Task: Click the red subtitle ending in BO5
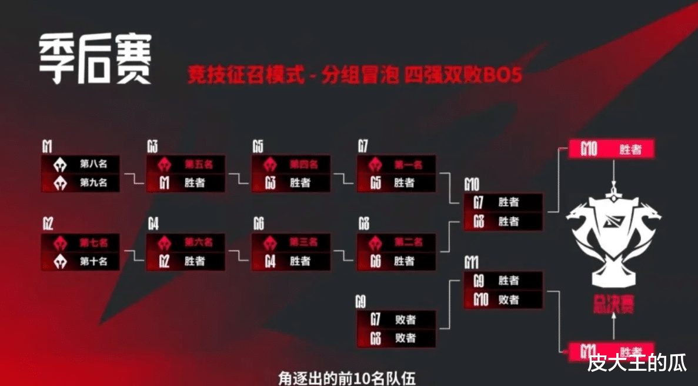pyautogui.click(x=355, y=75)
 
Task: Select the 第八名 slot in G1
pyautogui.click(x=80, y=164)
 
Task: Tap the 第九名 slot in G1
pyautogui.click(x=80, y=183)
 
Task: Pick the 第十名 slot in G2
pyautogui.click(x=80, y=261)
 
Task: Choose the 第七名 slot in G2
pyautogui.click(x=80, y=242)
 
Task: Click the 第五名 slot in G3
pyautogui.click(x=185, y=164)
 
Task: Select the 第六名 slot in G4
pyautogui.click(x=185, y=242)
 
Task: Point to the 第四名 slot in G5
pyautogui.click(x=290, y=164)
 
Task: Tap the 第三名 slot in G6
pyautogui.click(x=290, y=242)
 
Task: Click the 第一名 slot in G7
pyautogui.click(x=396, y=164)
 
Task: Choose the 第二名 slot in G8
pyautogui.click(x=396, y=242)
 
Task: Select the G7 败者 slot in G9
pyautogui.click(x=396, y=320)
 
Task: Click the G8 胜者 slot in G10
pyautogui.click(x=503, y=222)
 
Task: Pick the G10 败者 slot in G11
pyautogui.click(x=503, y=300)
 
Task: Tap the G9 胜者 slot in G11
pyautogui.click(x=503, y=281)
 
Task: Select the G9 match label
pyautogui.click(x=360, y=303)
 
